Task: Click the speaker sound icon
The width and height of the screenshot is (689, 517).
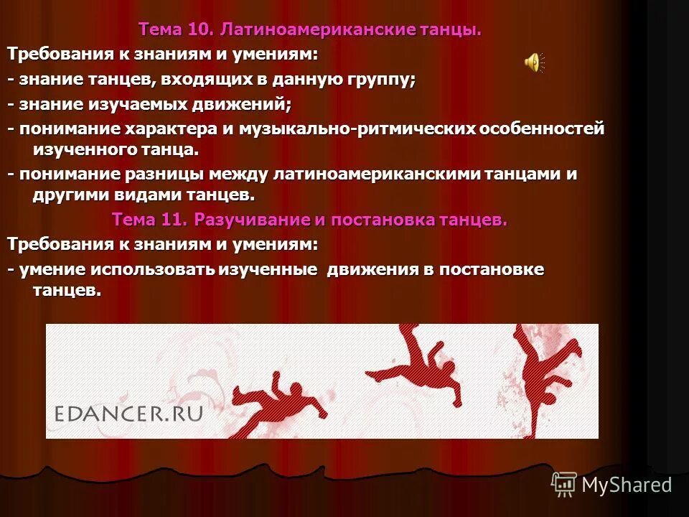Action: tap(534, 63)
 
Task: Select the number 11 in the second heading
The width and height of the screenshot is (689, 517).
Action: tap(170, 220)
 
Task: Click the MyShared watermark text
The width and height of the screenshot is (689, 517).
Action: tap(627, 485)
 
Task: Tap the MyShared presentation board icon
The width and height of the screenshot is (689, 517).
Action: tap(564, 485)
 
